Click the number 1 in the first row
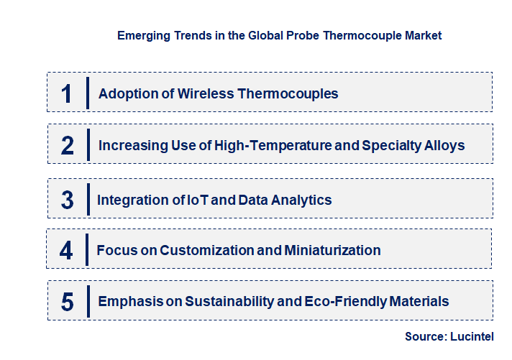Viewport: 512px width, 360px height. click(x=67, y=93)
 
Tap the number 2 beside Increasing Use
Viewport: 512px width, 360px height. click(x=68, y=146)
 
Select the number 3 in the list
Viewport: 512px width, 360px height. click(x=67, y=200)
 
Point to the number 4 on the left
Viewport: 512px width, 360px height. click(x=66, y=251)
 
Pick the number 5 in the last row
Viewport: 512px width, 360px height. click(x=67, y=302)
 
